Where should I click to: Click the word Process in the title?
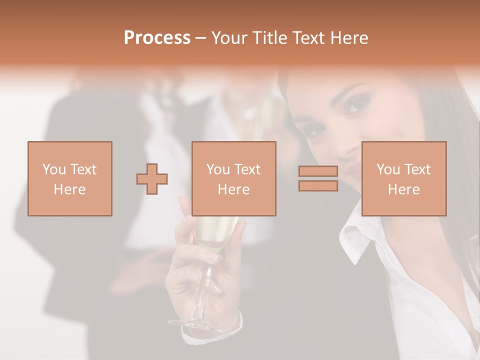pyautogui.click(x=157, y=38)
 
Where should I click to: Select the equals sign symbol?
pyautogui.click(x=318, y=178)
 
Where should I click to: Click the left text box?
pyautogui.click(x=70, y=178)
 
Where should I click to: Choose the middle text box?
pyautogui.click(x=234, y=178)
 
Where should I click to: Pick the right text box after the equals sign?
pyautogui.click(x=404, y=178)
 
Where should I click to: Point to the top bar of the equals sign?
pyautogui.click(x=318, y=171)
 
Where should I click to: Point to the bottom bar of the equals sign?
pyautogui.click(x=318, y=186)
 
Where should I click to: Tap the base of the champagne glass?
pyautogui.click(x=192, y=324)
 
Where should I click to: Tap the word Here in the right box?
pyautogui.click(x=404, y=189)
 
